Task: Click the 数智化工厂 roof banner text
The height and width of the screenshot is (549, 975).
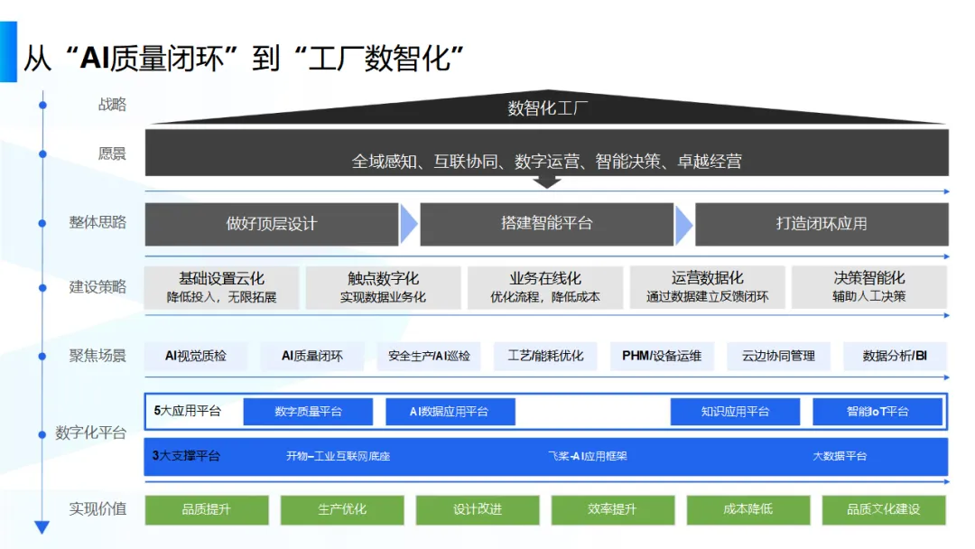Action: (547, 108)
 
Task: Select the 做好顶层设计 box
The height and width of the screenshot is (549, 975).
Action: (272, 224)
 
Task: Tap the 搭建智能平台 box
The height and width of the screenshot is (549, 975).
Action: (546, 224)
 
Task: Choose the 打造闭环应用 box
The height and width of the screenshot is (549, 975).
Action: (822, 224)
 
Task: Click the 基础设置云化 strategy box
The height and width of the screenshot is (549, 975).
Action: (221, 287)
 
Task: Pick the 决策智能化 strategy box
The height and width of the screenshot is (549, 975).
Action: (869, 287)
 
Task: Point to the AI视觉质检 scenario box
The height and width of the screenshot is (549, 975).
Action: (195, 357)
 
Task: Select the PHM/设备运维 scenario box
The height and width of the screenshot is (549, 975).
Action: (662, 357)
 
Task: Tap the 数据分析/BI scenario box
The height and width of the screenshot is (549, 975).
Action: (895, 357)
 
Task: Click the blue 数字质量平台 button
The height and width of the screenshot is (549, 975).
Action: (308, 412)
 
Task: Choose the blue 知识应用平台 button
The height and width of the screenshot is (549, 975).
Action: (735, 412)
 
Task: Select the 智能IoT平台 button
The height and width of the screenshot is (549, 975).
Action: (877, 412)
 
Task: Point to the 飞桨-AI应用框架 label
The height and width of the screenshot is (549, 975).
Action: (587, 456)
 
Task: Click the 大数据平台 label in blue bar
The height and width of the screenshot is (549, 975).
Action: (840, 456)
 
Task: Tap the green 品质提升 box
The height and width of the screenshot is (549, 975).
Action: (207, 510)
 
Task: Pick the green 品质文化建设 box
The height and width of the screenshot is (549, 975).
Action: (884, 510)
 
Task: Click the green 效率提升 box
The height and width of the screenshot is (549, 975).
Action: (612, 510)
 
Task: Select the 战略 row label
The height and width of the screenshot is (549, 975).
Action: (112, 105)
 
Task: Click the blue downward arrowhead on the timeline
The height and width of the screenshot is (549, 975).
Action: (42, 527)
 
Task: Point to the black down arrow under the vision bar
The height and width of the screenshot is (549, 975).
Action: (547, 181)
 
